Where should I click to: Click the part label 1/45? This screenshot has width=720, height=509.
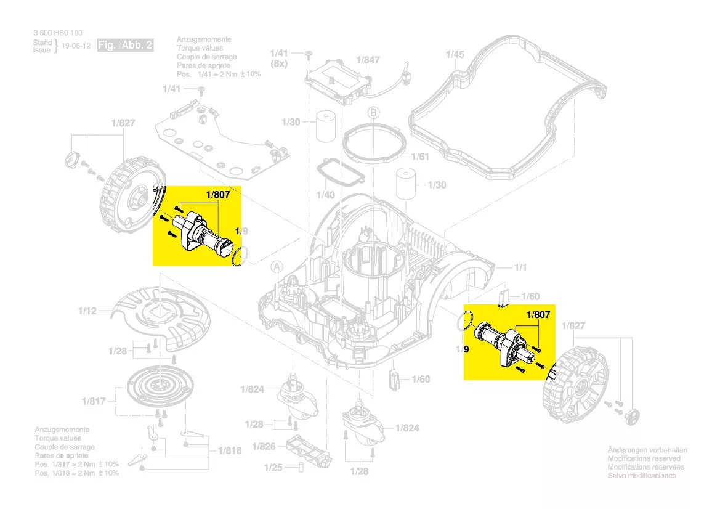[x=455, y=54]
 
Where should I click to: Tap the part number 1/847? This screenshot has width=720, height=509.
[x=368, y=60]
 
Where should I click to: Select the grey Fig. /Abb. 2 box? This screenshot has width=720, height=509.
[x=126, y=46]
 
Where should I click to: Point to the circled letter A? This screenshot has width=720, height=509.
[x=277, y=267]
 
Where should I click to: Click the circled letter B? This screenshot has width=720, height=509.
[x=373, y=113]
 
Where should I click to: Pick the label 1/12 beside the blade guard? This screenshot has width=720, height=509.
[x=87, y=311]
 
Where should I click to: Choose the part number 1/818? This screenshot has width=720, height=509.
[x=230, y=450]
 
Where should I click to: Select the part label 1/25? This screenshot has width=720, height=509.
[x=273, y=468]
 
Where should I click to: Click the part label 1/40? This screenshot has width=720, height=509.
[x=325, y=195]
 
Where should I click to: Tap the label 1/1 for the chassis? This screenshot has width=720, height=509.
[x=520, y=267]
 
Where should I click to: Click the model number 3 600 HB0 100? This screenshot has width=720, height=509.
[x=57, y=33]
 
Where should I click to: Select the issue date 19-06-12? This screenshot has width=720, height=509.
[x=77, y=46]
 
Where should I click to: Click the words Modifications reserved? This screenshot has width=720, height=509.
[x=644, y=458]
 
